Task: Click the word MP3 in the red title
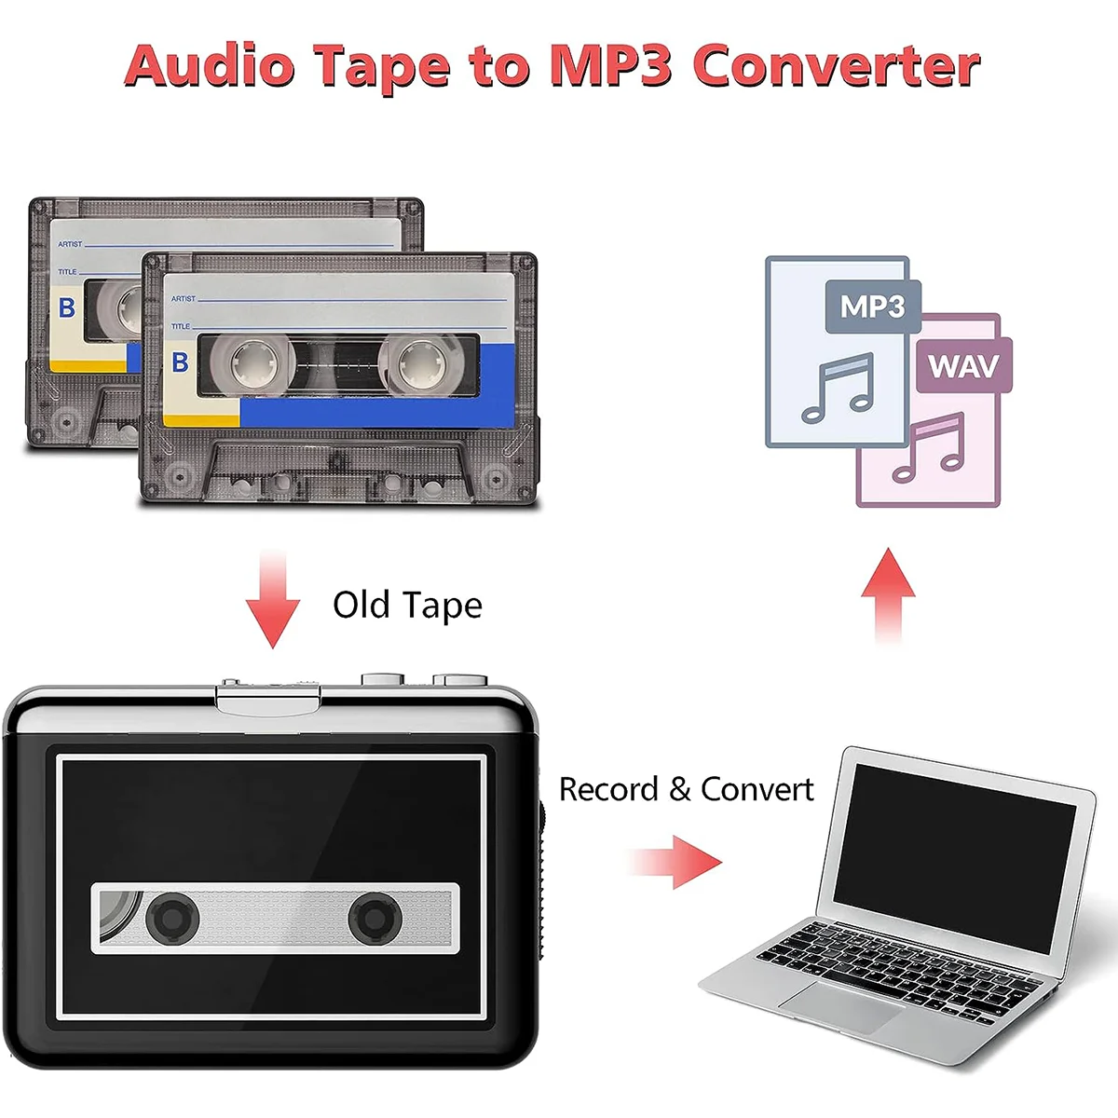610,66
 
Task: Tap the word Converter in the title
836,66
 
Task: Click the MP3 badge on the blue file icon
872,307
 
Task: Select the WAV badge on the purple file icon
962,366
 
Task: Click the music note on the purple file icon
928,447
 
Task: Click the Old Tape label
407,606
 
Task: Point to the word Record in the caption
608,790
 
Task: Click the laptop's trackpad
840,1006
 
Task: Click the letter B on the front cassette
181,362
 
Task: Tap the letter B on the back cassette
66,307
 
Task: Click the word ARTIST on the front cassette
184,298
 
